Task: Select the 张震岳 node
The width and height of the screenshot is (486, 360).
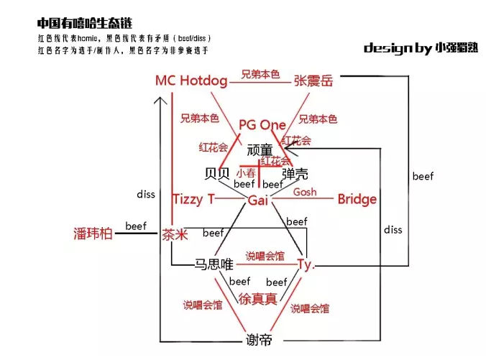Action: point(313,81)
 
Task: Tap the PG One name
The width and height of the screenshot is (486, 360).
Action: point(262,125)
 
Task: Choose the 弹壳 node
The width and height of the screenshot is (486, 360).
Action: point(295,174)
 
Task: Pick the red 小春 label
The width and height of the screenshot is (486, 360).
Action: point(246,172)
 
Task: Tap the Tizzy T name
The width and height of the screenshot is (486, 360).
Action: point(193,199)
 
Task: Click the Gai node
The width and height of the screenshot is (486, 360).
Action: point(257,200)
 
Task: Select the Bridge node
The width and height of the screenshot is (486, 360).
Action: point(357,199)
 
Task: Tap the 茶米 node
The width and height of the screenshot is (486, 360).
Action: point(173,234)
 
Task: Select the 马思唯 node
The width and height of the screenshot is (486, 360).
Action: point(214,264)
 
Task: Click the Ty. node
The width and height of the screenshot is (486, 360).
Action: point(306,264)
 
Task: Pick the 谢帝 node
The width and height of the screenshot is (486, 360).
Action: point(258,341)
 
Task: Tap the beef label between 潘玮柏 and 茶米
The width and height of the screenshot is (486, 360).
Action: point(136,226)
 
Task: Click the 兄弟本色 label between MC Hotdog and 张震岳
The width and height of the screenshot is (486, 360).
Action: point(260,75)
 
